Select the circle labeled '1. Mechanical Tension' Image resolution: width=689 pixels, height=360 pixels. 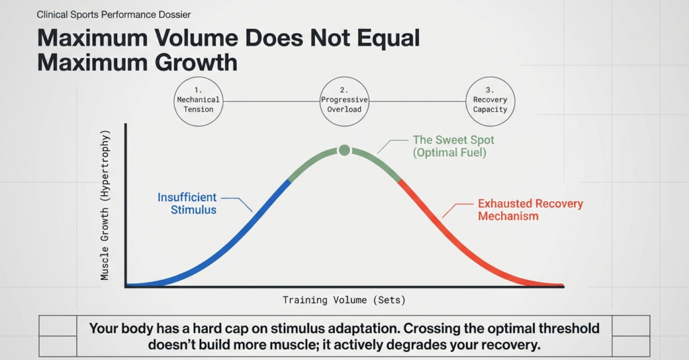(x=198, y=102)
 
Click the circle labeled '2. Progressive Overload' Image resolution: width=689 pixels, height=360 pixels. (x=344, y=102)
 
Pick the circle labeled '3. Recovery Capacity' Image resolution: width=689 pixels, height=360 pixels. (x=490, y=102)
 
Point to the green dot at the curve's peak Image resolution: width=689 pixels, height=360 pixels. (x=344, y=150)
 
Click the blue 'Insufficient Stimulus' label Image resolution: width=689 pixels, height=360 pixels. (x=187, y=203)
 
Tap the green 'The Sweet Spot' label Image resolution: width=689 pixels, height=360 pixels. (x=453, y=141)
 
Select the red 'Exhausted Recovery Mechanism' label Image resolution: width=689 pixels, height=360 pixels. (x=530, y=209)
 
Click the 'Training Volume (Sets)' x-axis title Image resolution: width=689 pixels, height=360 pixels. (x=344, y=300)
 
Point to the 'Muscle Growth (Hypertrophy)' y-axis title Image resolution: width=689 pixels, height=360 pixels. (x=105, y=205)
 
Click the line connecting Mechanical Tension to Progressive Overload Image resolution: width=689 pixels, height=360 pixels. (x=271, y=102)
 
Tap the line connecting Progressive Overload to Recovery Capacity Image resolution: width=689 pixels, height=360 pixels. (x=417, y=102)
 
